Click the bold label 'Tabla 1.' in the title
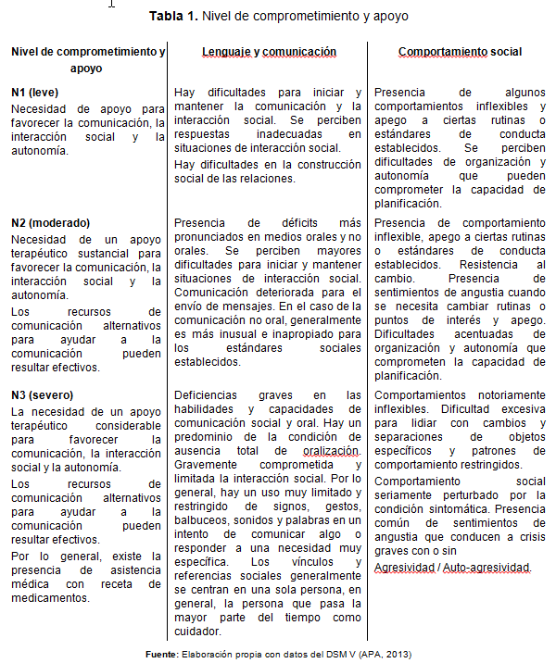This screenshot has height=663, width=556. coord(173,16)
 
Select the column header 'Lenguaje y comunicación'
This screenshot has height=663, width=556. coord(270,53)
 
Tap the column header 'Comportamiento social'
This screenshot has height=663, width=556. coord(460,53)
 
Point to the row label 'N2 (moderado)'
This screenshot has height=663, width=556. coord(50,222)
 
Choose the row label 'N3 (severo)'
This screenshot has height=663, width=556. coord(44,394)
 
